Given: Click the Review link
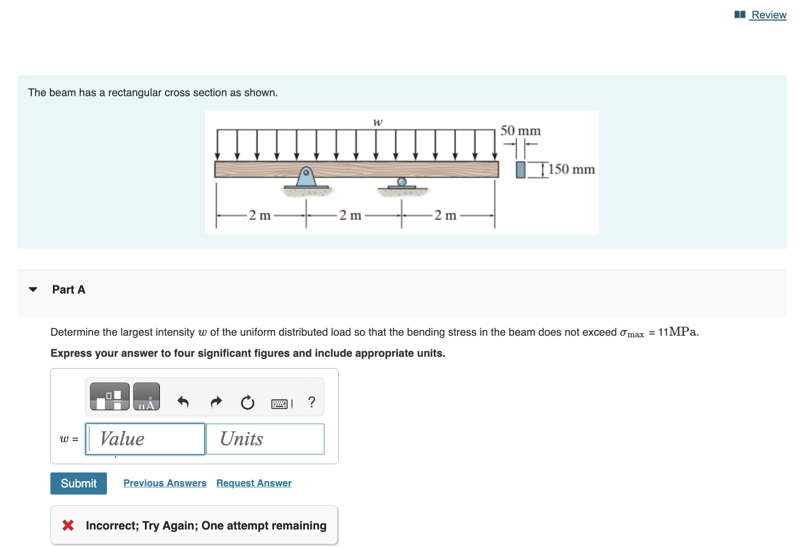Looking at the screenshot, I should (x=768, y=15).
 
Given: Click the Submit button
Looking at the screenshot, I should (x=79, y=483).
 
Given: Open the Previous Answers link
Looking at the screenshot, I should (x=165, y=483).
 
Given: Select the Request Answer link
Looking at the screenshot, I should (x=254, y=483).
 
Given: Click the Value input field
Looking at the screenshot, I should (x=145, y=439).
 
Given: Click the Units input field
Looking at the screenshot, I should (x=265, y=439).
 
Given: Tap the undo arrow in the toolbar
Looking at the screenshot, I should (x=183, y=402).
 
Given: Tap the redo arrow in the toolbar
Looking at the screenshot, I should (x=216, y=402).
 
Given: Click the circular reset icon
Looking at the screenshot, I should (x=247, y=403).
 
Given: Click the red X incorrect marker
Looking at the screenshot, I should (x=68, y=525).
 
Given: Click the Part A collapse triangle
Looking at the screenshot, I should (x=33, y=289).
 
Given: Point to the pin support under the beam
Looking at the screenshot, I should (x=306, y=178).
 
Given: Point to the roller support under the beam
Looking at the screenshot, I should (x=402, y=183).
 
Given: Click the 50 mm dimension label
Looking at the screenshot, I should (x=520, y=131).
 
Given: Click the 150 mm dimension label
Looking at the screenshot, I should (x=571, y=169).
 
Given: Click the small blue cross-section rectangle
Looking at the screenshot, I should (x=521, y=170).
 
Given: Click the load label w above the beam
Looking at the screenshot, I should (x=377, y=122).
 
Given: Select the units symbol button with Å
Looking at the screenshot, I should (x=147, y=396).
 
